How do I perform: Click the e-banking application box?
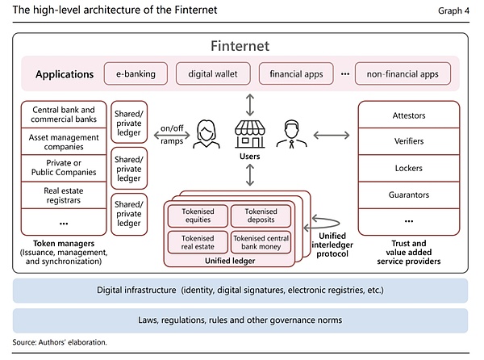(x=135, y=74)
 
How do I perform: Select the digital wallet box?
(x=211, y=74)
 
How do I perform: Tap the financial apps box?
(x=290, y=74)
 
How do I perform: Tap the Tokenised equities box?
(x=196, y=216)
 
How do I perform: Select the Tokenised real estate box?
(x=196, y=242)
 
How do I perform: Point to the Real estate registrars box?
(x=64, y=195)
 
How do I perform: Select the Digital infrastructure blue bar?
(x=240, y=290)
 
